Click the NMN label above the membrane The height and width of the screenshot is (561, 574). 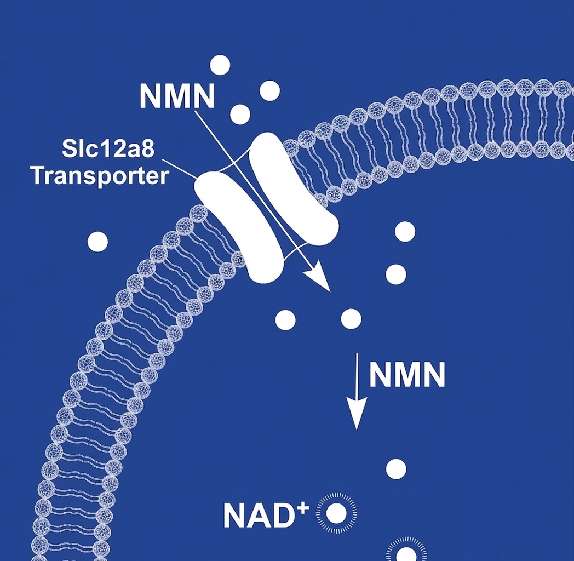click(x=177, y=96)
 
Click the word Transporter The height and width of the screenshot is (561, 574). click(x=99, y=176)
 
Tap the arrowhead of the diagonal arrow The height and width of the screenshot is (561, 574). click(x=321, y=280)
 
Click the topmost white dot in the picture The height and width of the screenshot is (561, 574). click(x=220, y=65)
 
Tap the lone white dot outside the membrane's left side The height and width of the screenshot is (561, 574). click(x=97, y=242)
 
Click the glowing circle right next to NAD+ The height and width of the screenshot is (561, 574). click(x=336, y=514)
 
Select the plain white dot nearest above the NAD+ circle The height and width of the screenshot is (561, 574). click(x=396, y=469)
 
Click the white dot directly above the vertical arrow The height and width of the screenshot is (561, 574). click(x=351, y=319)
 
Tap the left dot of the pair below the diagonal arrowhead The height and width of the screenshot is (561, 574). click(x=285, y=319)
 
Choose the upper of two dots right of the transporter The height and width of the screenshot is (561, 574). click(x=405, y=232)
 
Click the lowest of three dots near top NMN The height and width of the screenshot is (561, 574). click(x=240, y=114)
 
